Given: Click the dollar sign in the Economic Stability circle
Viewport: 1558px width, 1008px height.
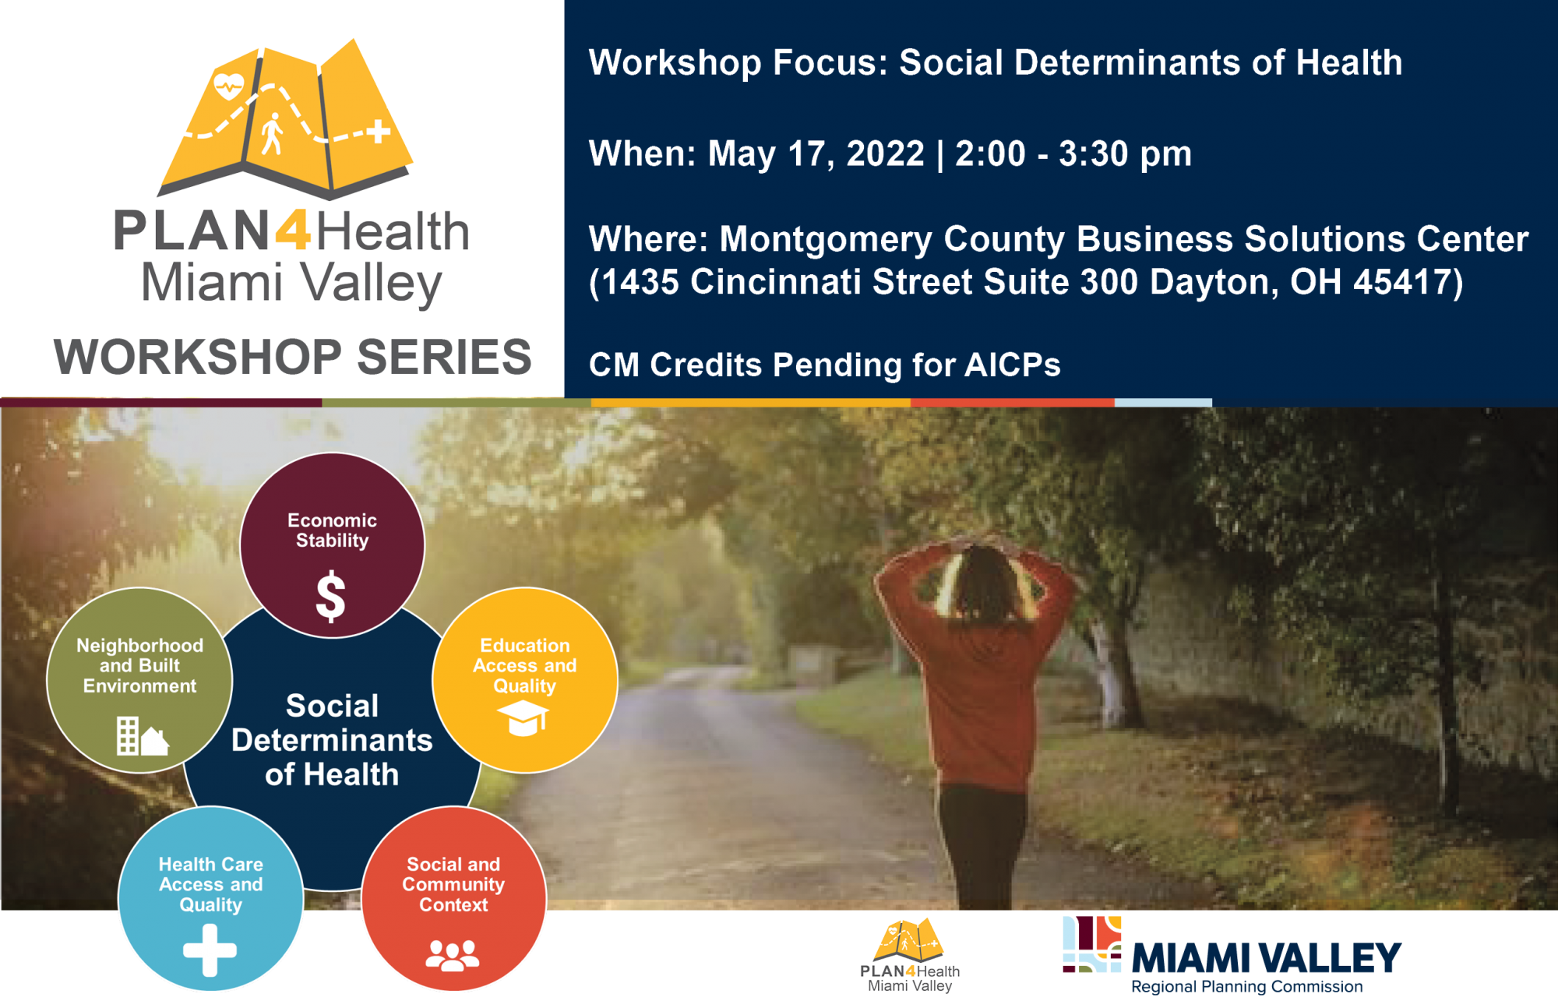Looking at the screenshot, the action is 331,596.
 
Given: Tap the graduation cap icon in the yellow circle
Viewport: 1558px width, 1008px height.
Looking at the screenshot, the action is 523,717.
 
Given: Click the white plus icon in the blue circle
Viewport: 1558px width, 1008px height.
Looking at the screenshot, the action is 210,950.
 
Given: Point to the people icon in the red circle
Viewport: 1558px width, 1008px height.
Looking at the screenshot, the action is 453,956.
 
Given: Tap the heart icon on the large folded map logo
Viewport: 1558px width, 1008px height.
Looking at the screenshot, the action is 228,85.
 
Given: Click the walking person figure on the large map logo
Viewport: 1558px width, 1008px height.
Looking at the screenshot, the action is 272,134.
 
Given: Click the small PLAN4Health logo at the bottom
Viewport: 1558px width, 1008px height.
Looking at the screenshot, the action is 909,956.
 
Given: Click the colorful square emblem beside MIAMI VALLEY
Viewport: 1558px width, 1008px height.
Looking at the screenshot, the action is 1092,944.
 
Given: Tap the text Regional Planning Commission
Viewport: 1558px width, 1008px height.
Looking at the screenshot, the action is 1246,987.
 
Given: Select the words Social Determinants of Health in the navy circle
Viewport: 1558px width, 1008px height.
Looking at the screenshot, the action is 332,740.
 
